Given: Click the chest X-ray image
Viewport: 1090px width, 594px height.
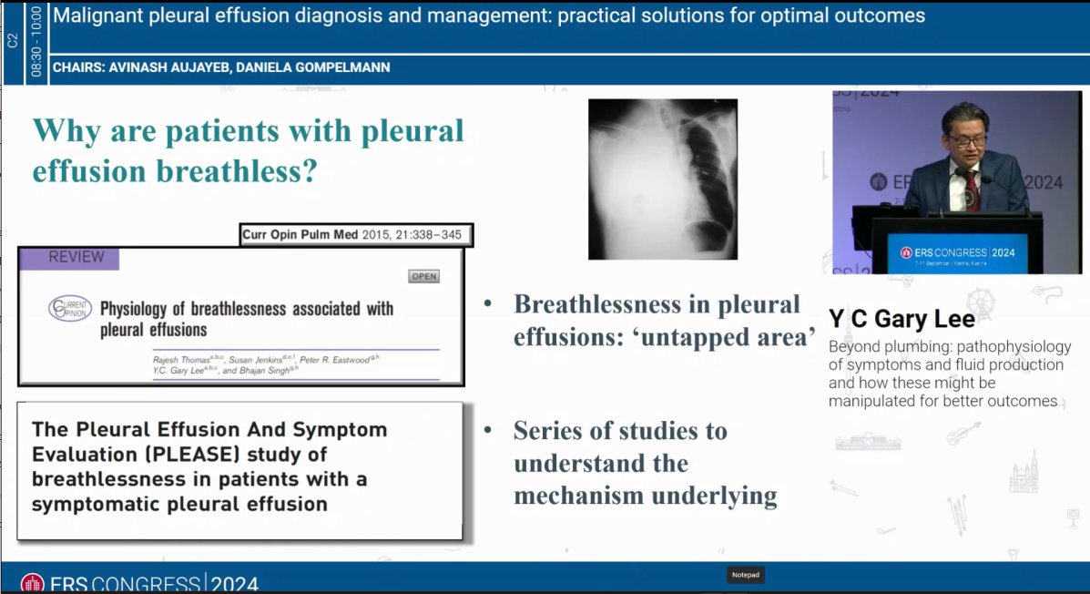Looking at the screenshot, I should point(662,179).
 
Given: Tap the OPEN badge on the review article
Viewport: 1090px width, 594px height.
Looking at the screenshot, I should point(423,276).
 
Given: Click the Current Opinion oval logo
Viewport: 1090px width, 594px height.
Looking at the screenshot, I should point(70,310).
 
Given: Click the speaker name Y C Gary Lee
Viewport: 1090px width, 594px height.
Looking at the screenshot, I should point(902,319).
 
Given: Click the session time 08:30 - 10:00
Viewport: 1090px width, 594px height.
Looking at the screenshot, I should point(36,42).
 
